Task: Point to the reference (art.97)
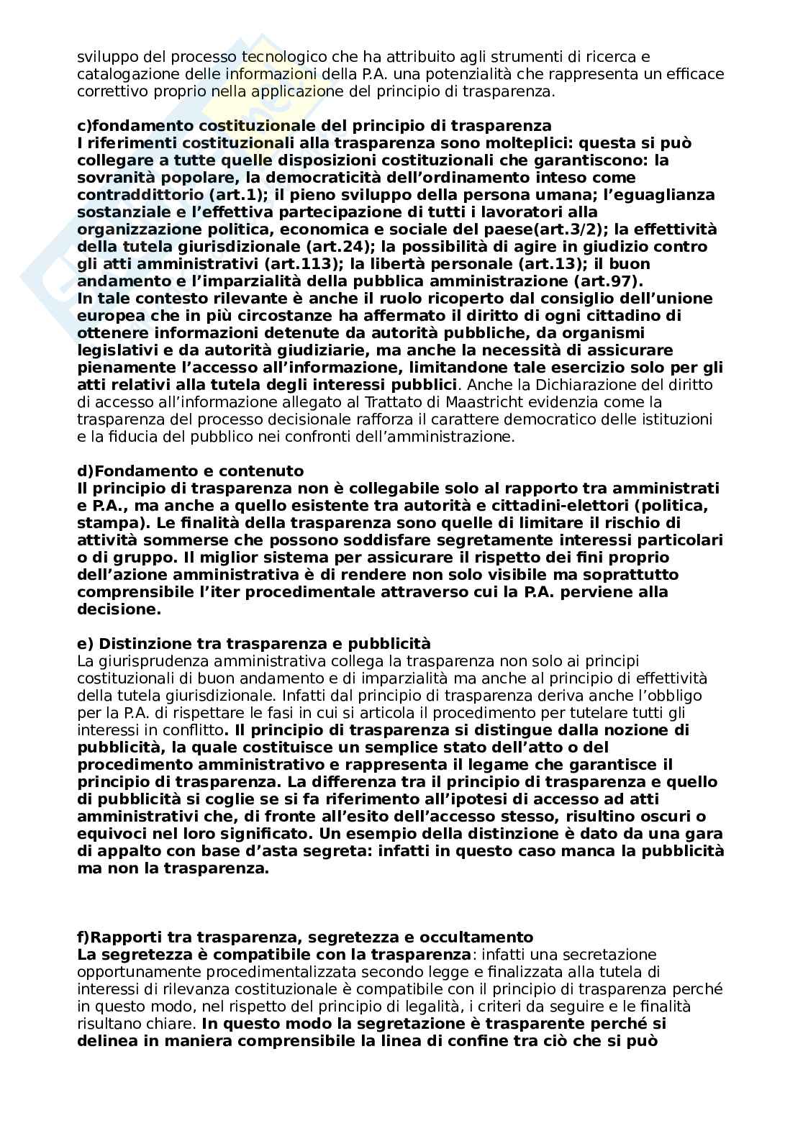click(609, 281)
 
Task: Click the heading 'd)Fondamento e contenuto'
click(191, 471)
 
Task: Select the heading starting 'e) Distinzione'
click(253, 643)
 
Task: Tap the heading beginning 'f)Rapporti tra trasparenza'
click(305, 937)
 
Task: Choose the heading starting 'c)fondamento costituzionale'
click(314, 125)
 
